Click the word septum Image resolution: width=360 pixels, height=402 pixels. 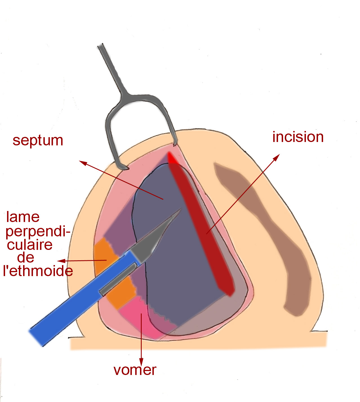38,140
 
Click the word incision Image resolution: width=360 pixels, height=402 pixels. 298,137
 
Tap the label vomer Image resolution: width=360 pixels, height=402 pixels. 135,370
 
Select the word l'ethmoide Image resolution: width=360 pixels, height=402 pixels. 38,271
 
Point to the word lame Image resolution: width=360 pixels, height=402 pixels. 23,217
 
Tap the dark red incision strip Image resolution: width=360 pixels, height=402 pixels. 203,225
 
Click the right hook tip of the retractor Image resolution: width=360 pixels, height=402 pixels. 175,144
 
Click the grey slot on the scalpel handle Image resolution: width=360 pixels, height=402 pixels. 118,279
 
